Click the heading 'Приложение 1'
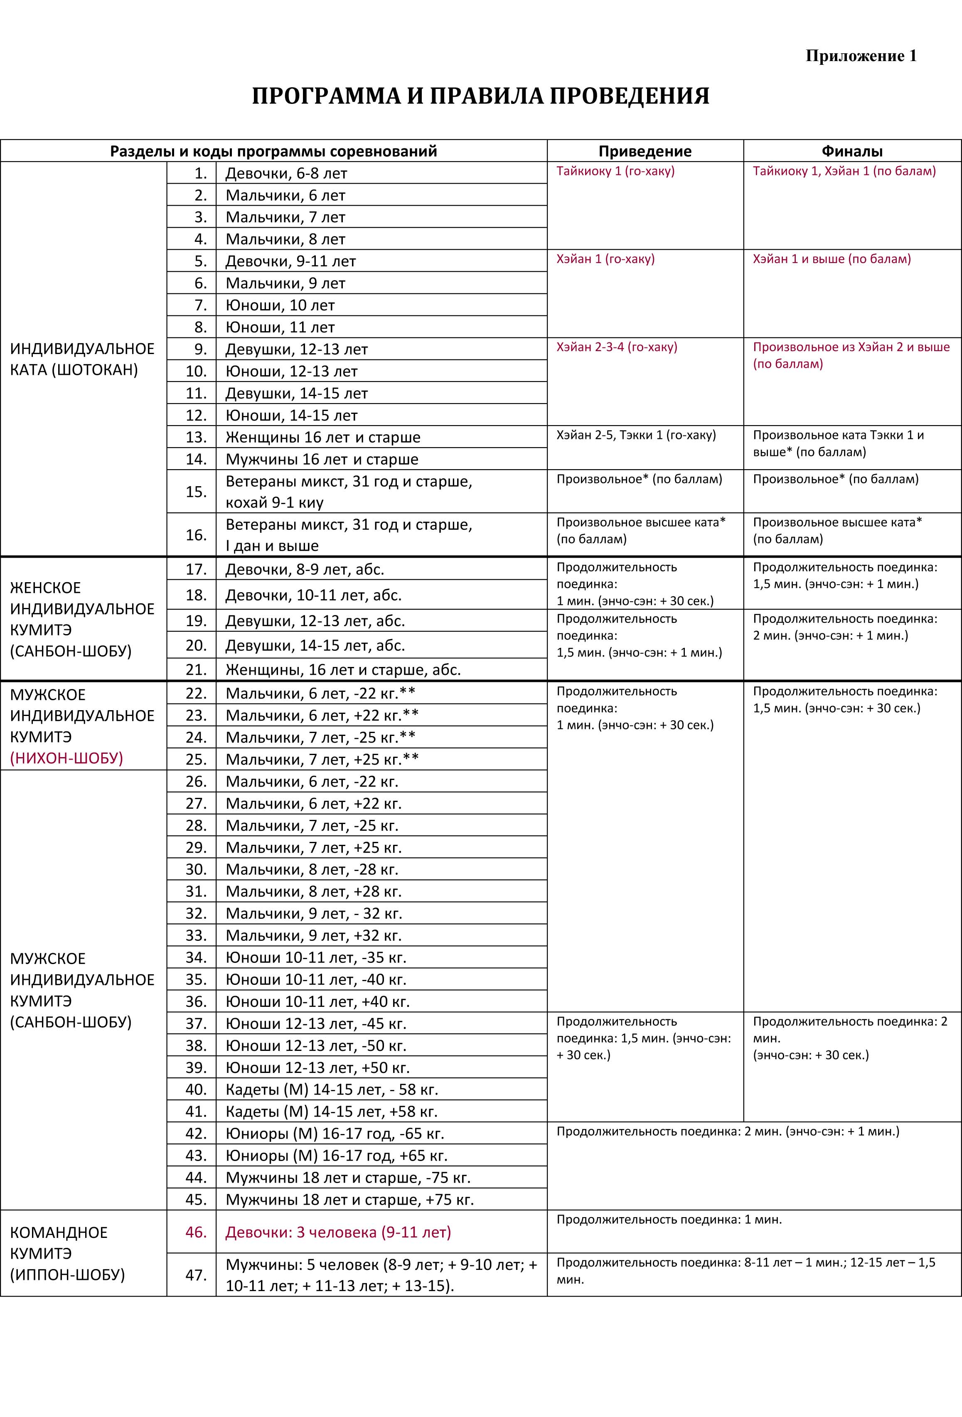tap(861, 56)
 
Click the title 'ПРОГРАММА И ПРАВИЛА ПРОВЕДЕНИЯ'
tap(480, 96)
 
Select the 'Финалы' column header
tap(851, 151)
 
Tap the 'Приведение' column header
tap(645, 151)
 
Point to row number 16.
tap(196, 535)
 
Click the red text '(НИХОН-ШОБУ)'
tap(66, 758)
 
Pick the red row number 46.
tap(196, 1232)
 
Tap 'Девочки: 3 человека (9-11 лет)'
tap(338, 1232)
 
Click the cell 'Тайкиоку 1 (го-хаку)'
tap(615, 171)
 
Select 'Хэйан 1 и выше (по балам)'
tap(832, 259)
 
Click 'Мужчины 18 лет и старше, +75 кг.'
tap(349, 1199)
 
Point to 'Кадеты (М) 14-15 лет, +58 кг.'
tap(332, 1112)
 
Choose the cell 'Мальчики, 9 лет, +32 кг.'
tap(313, 935)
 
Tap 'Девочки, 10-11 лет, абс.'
tap(313, 595)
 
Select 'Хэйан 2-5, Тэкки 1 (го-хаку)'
tap(636, 435)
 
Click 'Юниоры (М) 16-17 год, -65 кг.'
tap(335, 1134)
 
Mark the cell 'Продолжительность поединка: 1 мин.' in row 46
tap(669, 1220)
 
